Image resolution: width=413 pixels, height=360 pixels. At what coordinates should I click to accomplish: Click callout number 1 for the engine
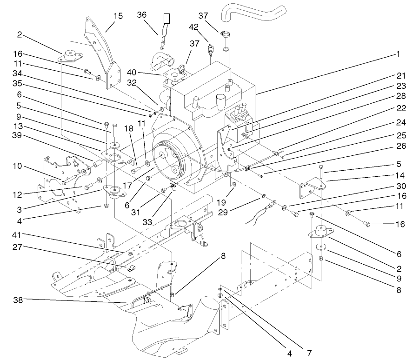(x=398, y=54)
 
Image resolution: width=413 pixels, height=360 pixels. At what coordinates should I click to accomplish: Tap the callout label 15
(x=118, y=16)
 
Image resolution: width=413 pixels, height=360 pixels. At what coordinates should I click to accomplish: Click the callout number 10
(x=18, y=166)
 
